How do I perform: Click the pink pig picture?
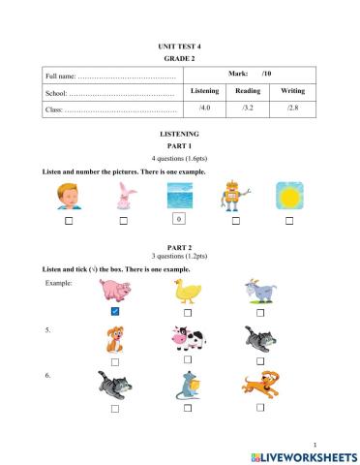(115, 291)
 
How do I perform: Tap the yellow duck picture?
(186, 291)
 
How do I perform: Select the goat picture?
(260, 290)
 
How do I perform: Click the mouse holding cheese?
(186, 385)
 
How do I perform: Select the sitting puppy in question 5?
(114, 339)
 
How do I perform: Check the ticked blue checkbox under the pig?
(114, 313)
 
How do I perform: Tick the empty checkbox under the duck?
(187, 313)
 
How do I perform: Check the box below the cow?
(187, 360)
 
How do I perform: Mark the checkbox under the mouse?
(187, 408)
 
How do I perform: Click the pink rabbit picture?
(123, 196)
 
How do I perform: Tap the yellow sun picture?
(288, 196)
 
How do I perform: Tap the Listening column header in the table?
(205, 90)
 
